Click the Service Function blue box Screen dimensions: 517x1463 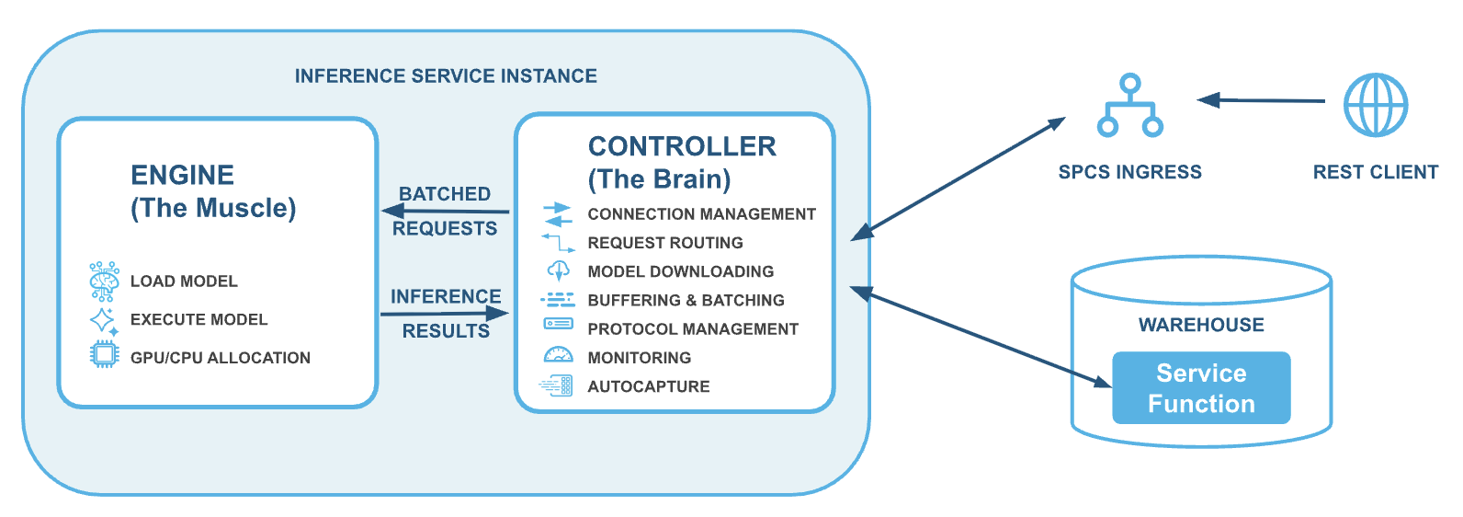click(1201, 388)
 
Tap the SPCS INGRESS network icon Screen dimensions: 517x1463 click(1130, 106)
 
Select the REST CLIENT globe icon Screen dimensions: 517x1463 click(1375, 105)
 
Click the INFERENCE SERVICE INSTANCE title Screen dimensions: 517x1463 click(446, 76)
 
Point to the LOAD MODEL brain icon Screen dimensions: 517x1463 click(104, 281)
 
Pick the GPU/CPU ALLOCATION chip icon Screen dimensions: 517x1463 click(104, 354)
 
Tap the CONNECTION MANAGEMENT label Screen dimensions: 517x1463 click(701, 214)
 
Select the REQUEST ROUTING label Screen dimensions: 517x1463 click(665, 243)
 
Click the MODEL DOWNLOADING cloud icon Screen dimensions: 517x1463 click(559, 270)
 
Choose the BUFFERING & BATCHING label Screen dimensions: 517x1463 click(686, 301)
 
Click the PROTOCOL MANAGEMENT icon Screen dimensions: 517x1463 click(558, 324)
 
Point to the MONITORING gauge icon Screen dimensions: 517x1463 click(558, 355)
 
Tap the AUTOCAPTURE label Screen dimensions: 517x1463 click(648, 387)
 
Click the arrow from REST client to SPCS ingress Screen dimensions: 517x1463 click(1261, 100)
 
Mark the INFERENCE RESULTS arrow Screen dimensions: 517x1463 click(445, 314)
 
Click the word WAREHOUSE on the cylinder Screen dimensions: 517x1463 click(1201, 326)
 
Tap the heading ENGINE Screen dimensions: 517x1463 click(182, 176)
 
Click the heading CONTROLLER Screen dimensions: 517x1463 click(682, 146)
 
